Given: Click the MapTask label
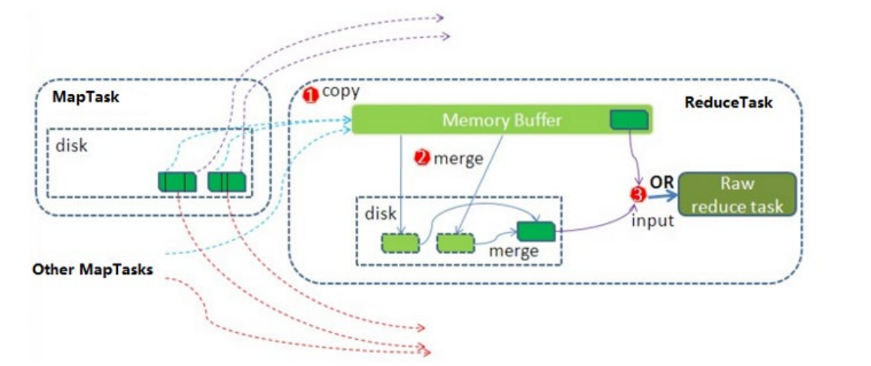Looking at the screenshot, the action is (x=86, y=97).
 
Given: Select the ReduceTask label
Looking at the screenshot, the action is (x=728, y=103).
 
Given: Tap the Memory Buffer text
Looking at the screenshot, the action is (x=501, y=120).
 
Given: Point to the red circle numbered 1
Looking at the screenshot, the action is (x=309, y=96).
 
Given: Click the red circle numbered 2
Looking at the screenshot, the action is (x=422, y=158).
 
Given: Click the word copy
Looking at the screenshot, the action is (x=341, y=92).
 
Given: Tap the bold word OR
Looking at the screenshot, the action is (x=662, y=182).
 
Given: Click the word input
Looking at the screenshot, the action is (x=653, y=220).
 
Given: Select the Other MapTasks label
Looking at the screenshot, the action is (x=92, y=270).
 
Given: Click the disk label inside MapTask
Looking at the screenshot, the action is (x=72, y=146).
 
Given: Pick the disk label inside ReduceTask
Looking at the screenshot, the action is (x=380, y=213).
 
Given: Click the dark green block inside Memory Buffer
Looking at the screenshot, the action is (x=629, y=119).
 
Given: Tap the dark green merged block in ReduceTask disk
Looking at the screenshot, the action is (x=536, y=231).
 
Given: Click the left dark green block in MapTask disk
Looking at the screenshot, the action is (x=178, y=181).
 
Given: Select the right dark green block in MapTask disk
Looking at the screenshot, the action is (x=227, y=181).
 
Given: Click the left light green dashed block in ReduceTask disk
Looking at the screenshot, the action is (x=400, y=243).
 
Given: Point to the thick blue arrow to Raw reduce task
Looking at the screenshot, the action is (x=662, y=195).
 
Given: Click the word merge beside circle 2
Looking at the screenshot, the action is (x=458, y=158).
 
